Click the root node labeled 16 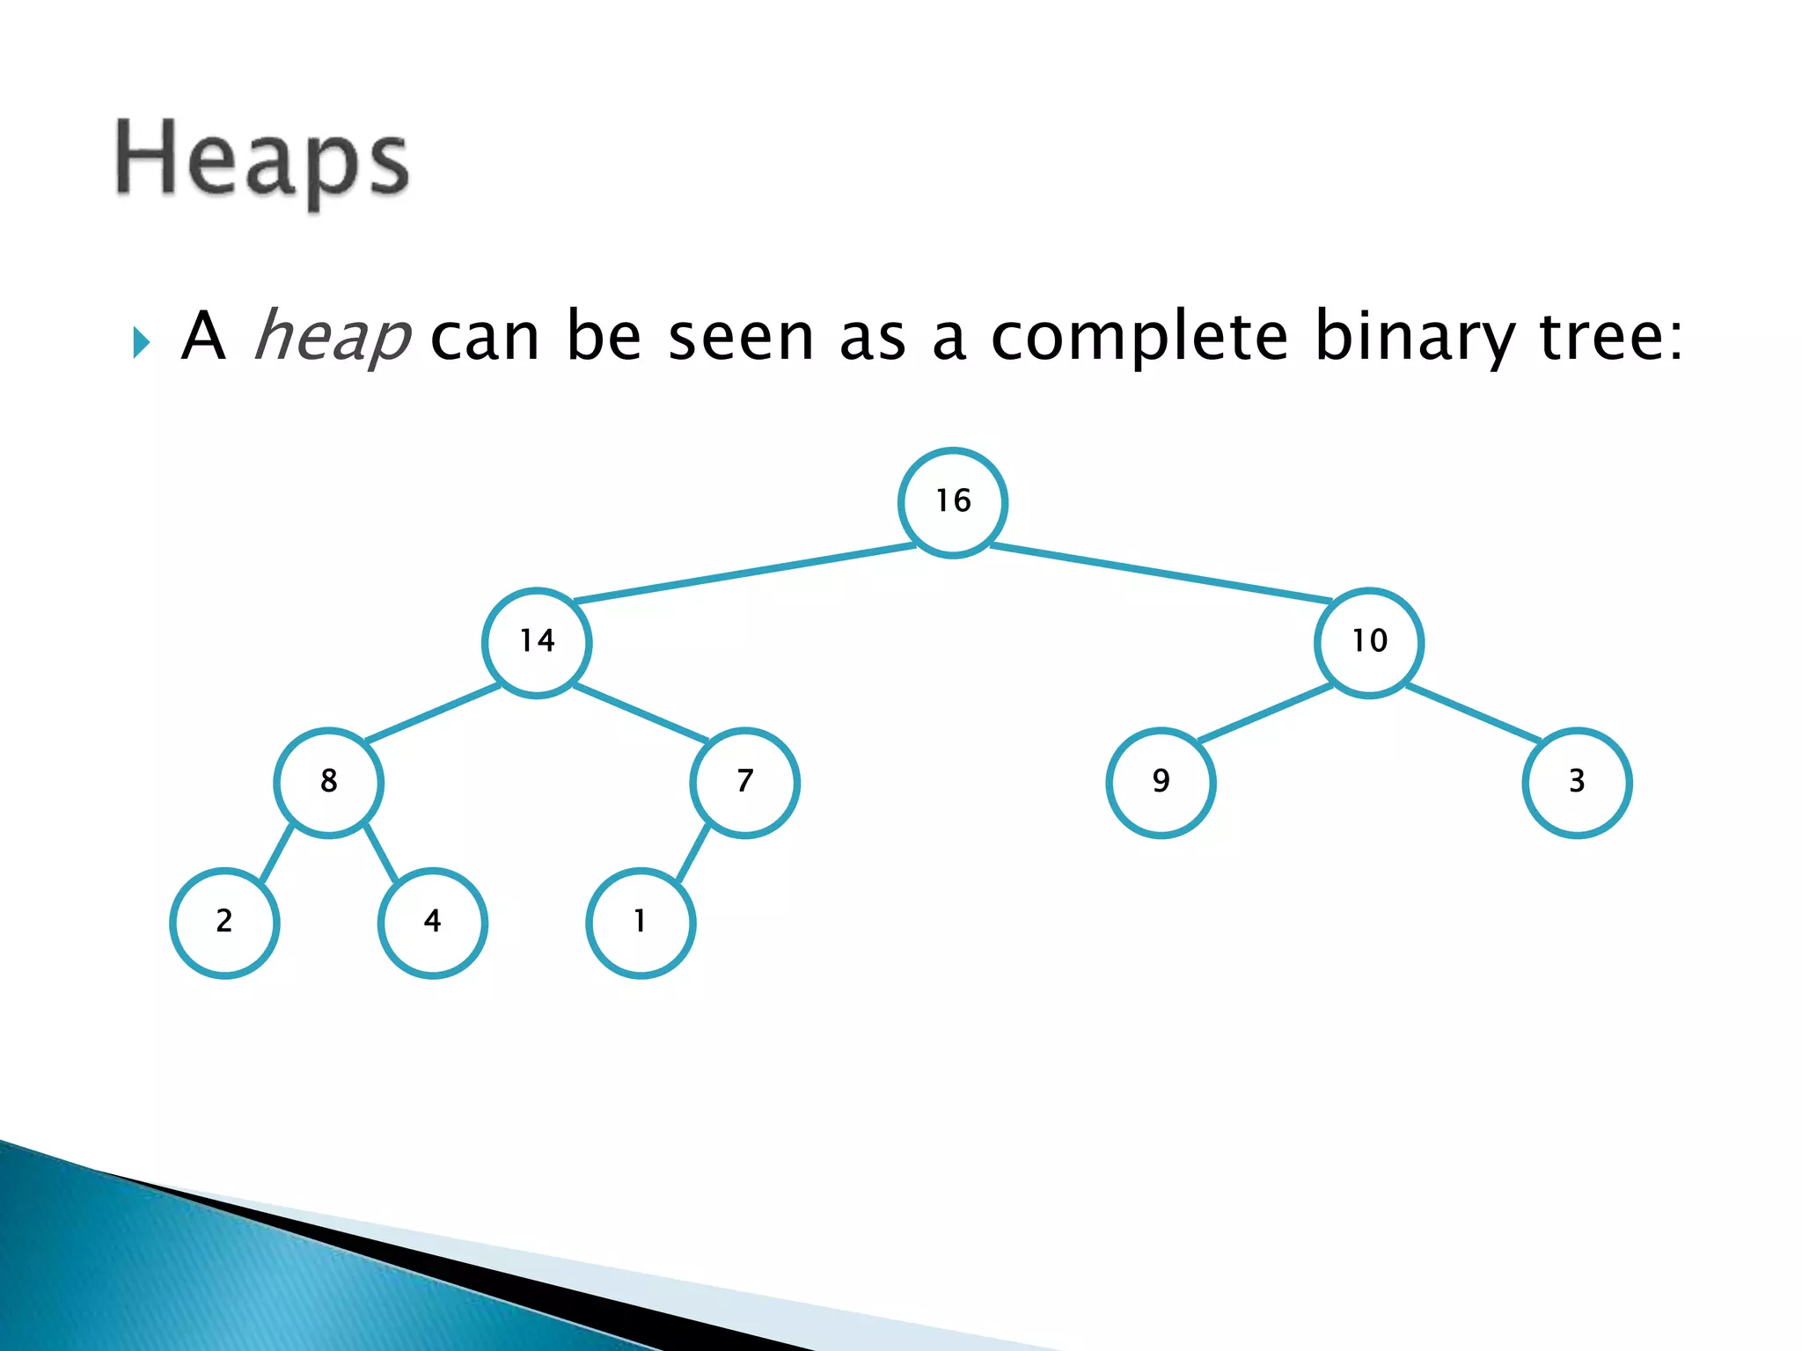(x=953, y=502)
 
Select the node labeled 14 (x=537, y=642)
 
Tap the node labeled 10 (x=1369, y=642)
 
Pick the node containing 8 (x=328, y=782)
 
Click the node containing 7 (x=745, y=782)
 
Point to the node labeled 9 (x=1161, y=782)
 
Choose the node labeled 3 (x=1578, y=782)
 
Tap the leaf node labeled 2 (x=224, y=922)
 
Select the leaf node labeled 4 (x=432, y=922)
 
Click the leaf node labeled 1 (x=641, y=922)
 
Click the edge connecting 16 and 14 (x=744, y=573)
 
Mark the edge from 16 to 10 (x=1161, y=573)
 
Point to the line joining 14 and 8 (x=433, y=713)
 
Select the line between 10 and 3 (x=1474, y=713)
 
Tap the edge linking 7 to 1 (x=692, y=852)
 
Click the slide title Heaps (x=261, y=162)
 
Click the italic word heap (x=332, y=336)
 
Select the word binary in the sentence (x=1414, y=336)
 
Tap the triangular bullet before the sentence (x=141, y=342)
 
